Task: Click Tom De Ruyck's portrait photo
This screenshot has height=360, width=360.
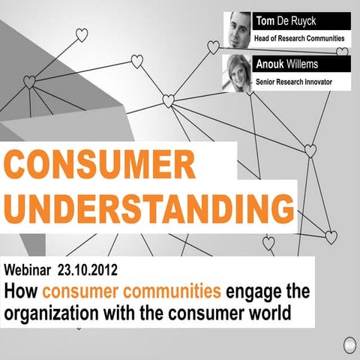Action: [237, 30]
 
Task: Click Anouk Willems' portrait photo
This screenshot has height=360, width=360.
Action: [237, 73]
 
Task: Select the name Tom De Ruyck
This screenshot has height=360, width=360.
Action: [287, 20]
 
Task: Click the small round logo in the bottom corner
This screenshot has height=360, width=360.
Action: [349, 346]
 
